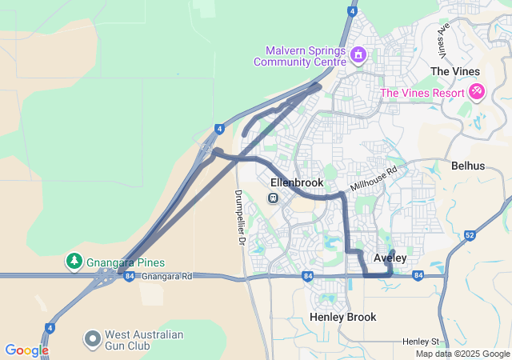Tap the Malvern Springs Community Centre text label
(x=300, y=54)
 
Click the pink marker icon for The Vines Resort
(x=478, y=92)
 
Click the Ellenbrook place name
(x=297, y=182)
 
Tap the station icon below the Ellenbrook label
(x=274, y=198)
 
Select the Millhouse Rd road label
(x=374, y=180)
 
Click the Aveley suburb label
(x=390, y=258)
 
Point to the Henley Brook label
(x=342, y=318)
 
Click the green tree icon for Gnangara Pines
(x=74, y=262)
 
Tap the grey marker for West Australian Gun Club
(x=93, y=339)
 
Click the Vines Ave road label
(x=442, y=34)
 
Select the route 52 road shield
(x=470, y=235)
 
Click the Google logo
(x=26, y=350)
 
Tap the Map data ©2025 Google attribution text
(x=462, y=354)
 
